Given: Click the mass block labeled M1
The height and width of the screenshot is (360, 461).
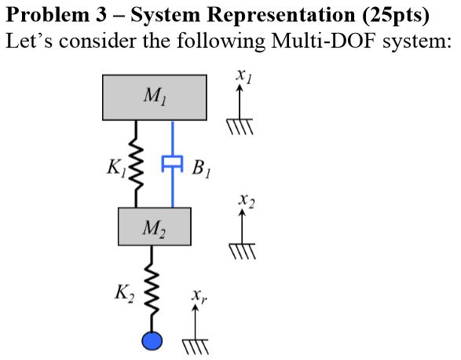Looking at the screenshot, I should (x=155, y=97).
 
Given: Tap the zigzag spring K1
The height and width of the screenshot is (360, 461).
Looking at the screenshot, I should (x=137, y=164).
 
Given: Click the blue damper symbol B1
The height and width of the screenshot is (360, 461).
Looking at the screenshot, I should (x=172, y=163).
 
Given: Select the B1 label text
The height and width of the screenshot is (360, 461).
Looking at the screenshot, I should (x=201, y=167).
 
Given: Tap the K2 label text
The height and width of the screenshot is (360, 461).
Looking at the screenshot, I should (x=123, y=293).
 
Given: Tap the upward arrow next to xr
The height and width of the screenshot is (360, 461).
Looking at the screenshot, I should (x=195, y=322).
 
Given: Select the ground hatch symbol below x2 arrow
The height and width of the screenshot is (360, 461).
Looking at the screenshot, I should (x=243, y=251).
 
